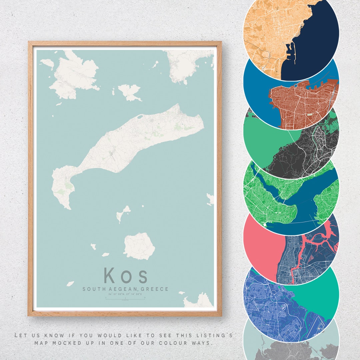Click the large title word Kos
click(x=126, y=275)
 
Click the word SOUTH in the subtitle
click(x=94, y=289)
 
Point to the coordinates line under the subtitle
click(x=126, y=294)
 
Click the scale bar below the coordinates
click(x=126, y=299)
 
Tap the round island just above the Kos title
click(x=139, y=246)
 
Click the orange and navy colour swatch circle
click(x=291, y=33)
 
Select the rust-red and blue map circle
click(x=291, y=97)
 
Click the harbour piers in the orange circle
click(x=289, y=53)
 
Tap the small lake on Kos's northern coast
click(x=139, y=117)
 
